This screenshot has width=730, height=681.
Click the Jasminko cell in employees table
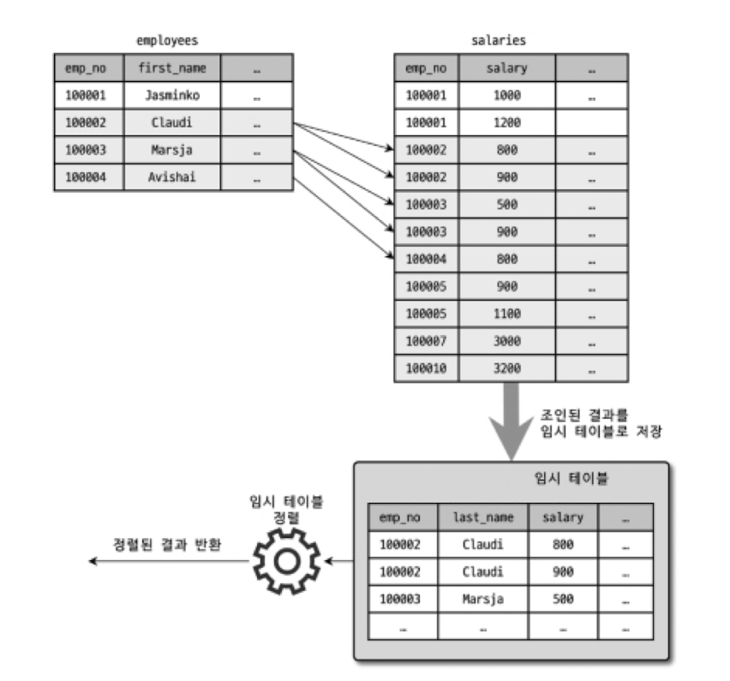point(171,94)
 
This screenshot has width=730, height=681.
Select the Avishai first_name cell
point(171,177)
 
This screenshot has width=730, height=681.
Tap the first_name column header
point(171,67)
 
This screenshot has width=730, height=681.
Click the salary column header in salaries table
point(506,67)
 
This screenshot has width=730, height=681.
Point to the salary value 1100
point(506,314)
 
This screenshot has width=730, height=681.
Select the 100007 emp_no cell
point(426,341)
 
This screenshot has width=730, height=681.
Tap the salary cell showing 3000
point(506,341)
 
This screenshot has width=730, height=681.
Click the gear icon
point(284,561)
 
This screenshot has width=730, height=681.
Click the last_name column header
point(484,517)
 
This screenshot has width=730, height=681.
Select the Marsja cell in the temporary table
point(484,599)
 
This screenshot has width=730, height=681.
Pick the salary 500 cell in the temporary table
point(562,599)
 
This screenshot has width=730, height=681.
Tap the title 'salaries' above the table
point(511,40)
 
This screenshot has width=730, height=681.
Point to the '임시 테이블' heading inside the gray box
point(559,480)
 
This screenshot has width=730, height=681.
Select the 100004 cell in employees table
point(88,177)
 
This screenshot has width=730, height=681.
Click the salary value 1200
point(506,122)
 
